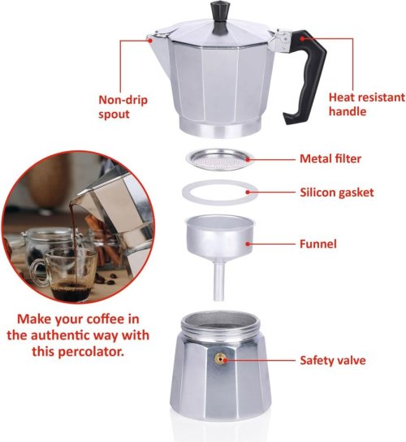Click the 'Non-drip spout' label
click(x=123, y=107)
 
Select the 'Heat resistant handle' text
click(x=366, y=104)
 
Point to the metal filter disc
click(x=220, y=159)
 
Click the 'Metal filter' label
click(x=330, y=158)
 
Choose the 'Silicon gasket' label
click(x=337, y=193)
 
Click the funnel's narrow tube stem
click(x=219, y=281)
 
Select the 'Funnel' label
click(x=318, y=244)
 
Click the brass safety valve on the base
click(x=220, y=359)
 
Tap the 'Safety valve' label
click(x=333, y=360)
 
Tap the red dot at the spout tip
click(x=150, y=41)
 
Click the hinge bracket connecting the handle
click(x=279, y=41)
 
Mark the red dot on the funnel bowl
click(x=248, y=244)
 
